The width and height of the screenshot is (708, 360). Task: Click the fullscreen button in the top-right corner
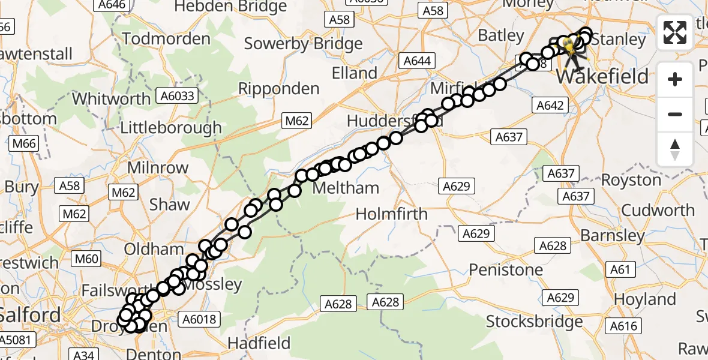(x=675, y=32)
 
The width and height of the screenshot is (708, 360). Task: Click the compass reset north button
(x=675, y=149)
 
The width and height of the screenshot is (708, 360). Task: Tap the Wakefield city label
(x=603, y=77)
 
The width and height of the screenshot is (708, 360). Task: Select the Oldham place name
(x=154, y=249)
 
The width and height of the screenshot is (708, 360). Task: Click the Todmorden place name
(x=166, y=40)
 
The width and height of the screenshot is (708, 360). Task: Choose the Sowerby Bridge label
(x=304, y=44)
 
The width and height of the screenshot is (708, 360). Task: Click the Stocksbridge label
(x=534, y=322)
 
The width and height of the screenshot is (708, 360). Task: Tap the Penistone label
(x=506, y=271)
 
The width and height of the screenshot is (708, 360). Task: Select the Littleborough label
(x=171, y=128)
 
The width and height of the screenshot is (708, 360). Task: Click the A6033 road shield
(x=175, y=95)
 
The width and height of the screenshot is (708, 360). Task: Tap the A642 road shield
(x=548, y=106)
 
